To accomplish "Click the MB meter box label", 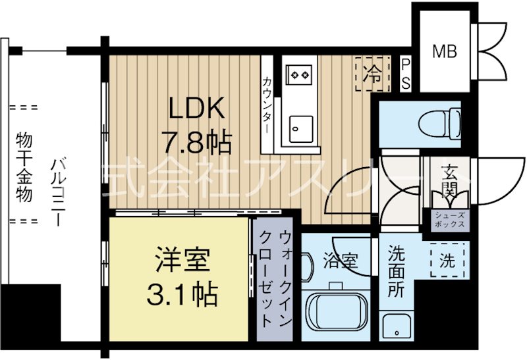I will tap(445, 51).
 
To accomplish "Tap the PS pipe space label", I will tap(406, 73).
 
